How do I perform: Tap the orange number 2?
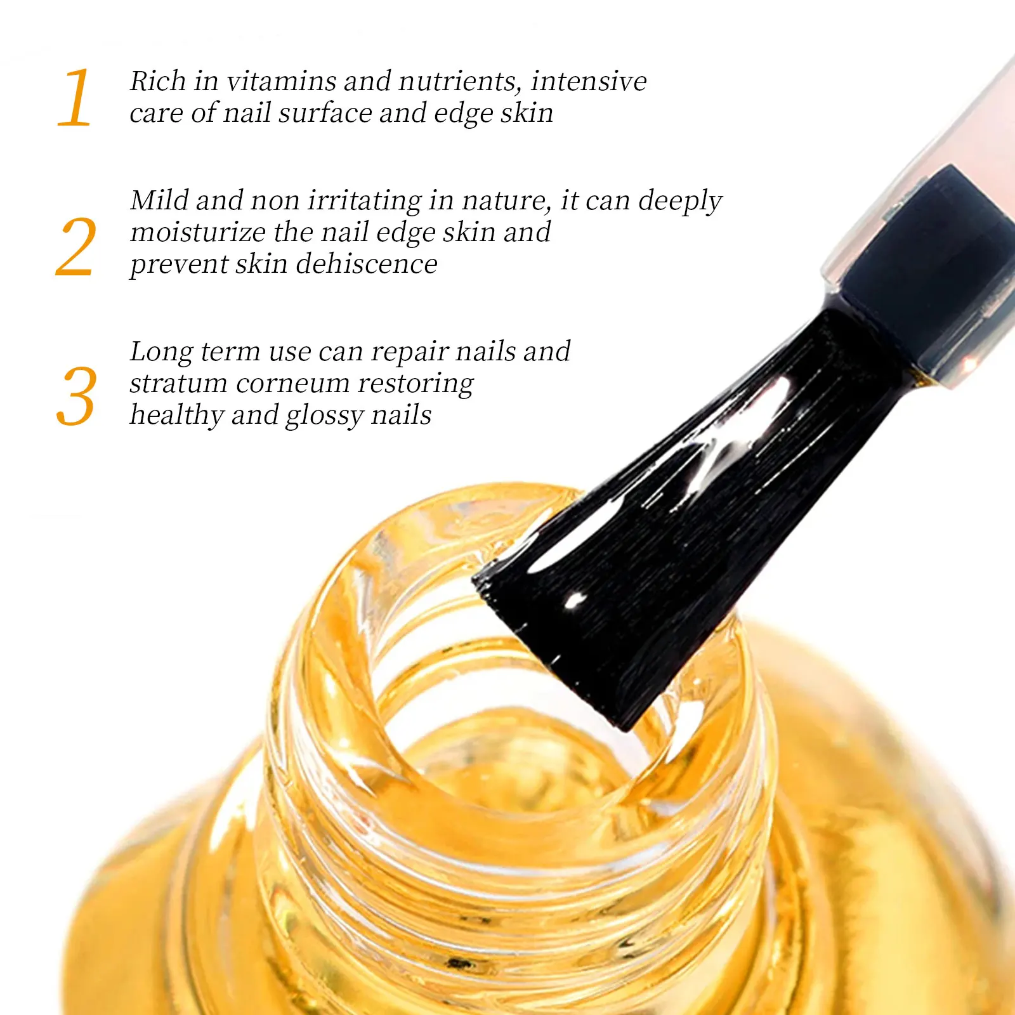[76, 247]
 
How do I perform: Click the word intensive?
[589, 81]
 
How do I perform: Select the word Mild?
[160, 200]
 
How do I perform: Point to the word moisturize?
[197, 232]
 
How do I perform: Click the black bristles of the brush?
[666, 539]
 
